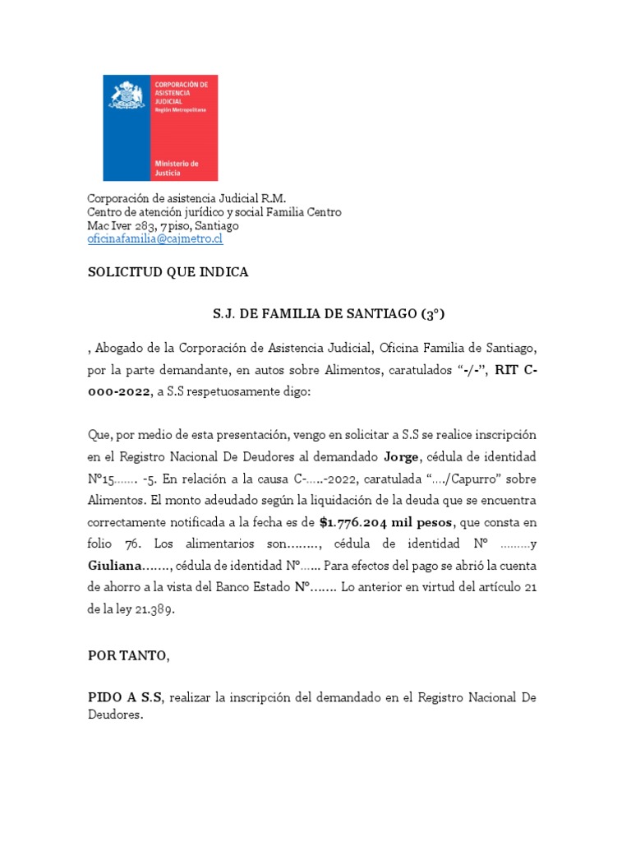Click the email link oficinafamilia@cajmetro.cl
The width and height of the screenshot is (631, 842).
[x=155, y=239]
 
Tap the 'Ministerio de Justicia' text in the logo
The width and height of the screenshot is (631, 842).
[x=177, y=169]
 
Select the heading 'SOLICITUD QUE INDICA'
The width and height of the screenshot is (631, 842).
[x=168, y=272]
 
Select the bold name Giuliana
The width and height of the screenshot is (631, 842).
[x=114, y=566]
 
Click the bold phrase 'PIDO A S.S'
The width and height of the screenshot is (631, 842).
[x=126, y=697]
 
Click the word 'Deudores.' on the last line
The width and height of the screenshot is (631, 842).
[x=116, y=715]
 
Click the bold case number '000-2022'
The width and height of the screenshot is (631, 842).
[x=119, y=392]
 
